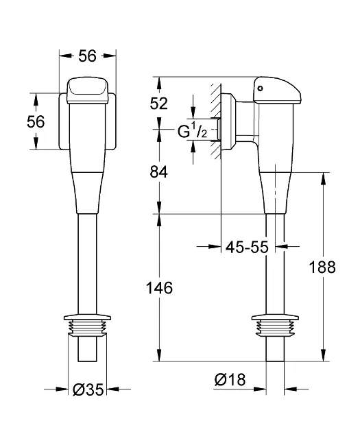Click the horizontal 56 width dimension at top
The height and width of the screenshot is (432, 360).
(88, 56)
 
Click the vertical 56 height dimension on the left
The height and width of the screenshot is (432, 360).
(36, 121)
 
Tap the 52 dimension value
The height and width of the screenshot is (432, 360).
(159, 104)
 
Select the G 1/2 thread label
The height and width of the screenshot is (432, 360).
(193, 130)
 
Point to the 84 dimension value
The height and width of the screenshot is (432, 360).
(159, 173)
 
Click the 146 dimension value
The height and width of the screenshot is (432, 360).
(159, 288)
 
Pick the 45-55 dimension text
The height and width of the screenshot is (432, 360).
(247, 247)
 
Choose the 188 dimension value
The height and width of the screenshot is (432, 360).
(322, 267)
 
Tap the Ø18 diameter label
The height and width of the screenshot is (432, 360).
(230, 380)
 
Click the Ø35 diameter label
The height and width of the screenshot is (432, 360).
(88, 389)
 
